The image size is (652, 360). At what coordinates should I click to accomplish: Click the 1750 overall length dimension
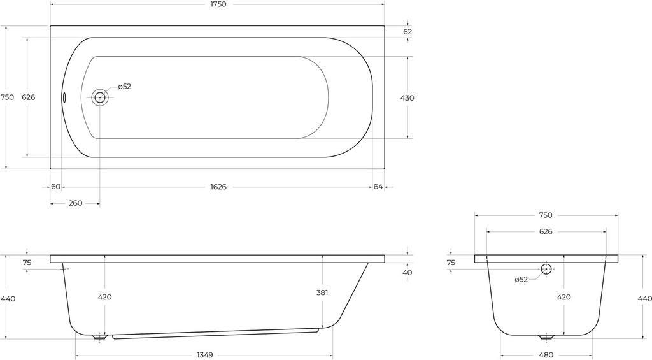218,4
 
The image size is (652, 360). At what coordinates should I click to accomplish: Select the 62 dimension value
407,32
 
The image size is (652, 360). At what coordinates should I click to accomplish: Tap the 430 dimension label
407,98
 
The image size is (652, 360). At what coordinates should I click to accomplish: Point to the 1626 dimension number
218,187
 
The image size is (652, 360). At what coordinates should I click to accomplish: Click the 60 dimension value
56,187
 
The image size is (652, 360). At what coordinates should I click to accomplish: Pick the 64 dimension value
378,187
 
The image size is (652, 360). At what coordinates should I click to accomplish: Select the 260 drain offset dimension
75,203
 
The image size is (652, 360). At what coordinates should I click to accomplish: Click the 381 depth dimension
322,292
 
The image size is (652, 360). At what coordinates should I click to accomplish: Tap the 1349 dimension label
204,355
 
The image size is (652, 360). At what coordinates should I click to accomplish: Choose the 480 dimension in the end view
546,355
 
